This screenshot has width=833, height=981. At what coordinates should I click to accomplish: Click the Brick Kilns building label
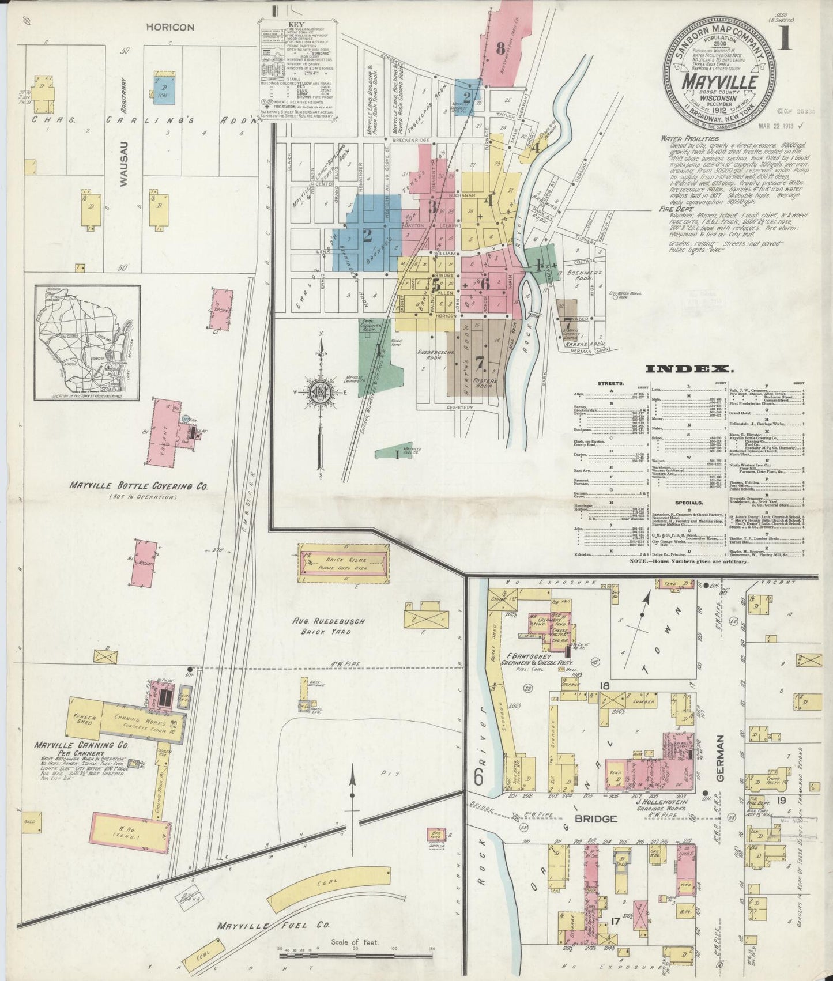click(344, 559)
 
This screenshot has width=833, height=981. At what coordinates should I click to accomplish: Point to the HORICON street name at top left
click(169, 26)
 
